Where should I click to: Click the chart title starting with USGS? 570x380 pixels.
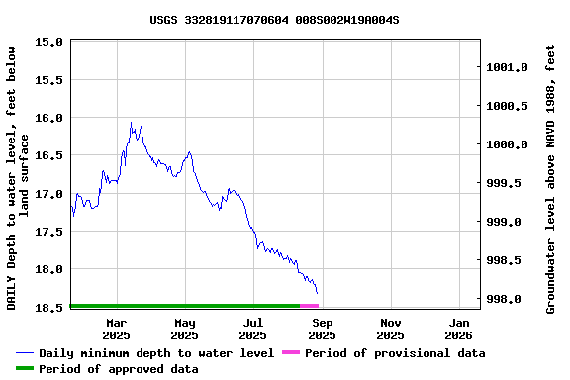click(275, 19)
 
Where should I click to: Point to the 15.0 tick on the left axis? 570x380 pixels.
click(50, 42)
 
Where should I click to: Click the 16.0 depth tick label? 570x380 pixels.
click(50, 118)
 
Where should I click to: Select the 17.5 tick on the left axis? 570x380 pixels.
click(50, 232)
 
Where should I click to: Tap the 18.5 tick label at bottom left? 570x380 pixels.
click(50, 308)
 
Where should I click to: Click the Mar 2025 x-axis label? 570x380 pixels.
click(116, 329)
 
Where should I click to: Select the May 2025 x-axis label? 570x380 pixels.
click(185, 329)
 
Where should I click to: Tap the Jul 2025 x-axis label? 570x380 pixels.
click(253, 329)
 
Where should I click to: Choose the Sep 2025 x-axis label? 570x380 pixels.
click(322, 329)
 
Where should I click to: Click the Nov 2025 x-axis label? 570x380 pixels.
click(391, 329)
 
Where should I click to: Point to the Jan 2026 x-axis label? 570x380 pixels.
click(459, 329)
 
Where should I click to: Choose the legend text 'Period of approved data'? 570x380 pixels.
click(119, 369)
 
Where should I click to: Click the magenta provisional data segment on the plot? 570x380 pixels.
click(309, 306)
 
